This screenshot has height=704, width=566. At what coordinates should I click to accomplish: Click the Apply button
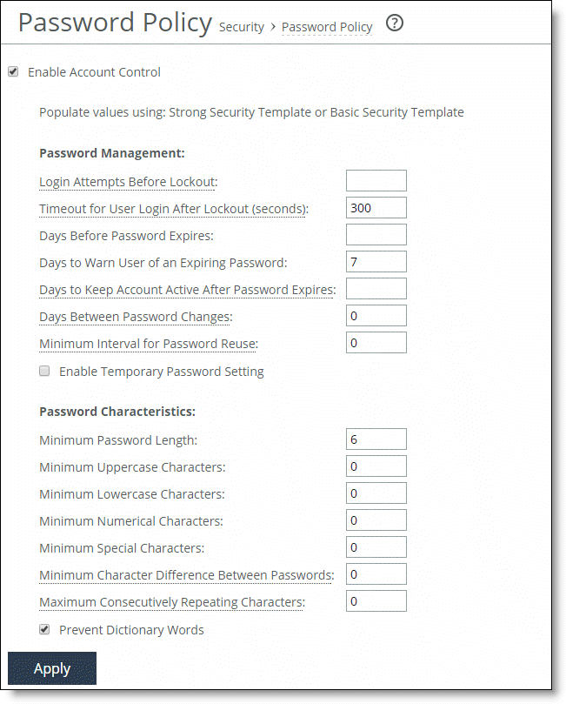pos(52,668)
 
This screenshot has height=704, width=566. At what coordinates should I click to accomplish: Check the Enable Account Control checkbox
pos(13,72)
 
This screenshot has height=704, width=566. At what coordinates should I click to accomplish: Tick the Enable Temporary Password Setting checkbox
pos(44,372)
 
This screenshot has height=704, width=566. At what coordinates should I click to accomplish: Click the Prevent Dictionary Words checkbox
pos(44,629)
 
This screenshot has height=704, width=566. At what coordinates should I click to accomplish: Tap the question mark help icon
pos(395,24)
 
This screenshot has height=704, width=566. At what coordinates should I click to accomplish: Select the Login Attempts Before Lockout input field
pos(376,181)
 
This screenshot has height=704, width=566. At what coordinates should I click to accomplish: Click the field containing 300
pos(376,208)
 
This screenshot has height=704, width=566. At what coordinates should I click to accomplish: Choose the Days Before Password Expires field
pos(376,235)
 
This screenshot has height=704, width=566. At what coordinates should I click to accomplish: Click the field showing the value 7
pos(376,262)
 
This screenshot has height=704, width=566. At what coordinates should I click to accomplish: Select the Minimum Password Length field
pos(376,439)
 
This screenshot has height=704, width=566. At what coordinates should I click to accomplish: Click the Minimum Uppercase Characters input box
pos(376,466)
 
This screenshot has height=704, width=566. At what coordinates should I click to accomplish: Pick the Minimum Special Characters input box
pos(376,547)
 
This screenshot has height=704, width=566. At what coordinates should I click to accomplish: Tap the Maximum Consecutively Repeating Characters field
pos(376,601)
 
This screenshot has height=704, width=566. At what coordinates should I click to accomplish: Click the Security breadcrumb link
pos(241,27)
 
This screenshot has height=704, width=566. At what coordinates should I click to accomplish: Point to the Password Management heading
pos(111,153)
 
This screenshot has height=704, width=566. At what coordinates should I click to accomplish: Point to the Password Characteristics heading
pos(117,411)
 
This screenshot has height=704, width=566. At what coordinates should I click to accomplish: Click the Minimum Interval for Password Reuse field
pos(376,343)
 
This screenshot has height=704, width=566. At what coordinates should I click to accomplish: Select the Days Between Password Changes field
pos(376,316)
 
